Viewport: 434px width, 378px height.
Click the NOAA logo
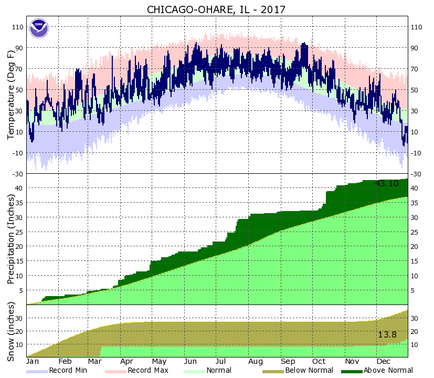pos(38,28)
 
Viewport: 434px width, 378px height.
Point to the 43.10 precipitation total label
pos(387,184)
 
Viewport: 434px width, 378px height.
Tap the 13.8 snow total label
pos(387,334)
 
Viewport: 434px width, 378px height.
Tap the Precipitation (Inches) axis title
pos(11,239)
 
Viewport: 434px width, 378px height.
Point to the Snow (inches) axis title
pos(11,331)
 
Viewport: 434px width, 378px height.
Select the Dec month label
pos(384,361)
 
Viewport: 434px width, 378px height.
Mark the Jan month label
pos(33,361)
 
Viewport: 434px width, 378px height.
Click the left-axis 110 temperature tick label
pos(17,27)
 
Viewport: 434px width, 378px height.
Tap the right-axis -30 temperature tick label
pos(416,174)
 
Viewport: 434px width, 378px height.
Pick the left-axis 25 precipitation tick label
pos(19,232)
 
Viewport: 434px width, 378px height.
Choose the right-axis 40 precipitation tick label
pos(414,188)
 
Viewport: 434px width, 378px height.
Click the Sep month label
pos(288,361)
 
